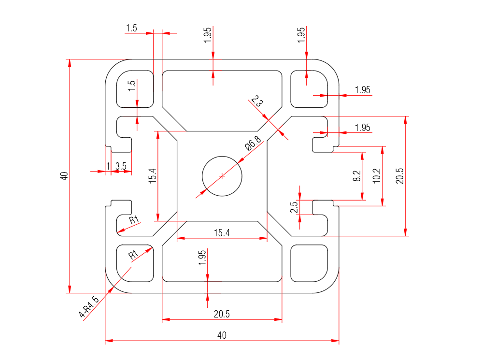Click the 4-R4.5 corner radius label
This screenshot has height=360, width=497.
[89, 307]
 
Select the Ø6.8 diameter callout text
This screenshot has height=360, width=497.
[253, 144]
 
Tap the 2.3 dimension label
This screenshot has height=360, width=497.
[257, 102]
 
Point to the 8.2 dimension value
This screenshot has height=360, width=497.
[357, 176]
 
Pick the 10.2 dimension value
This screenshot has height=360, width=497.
[377, 175]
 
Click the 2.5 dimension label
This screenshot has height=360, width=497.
[294, 207]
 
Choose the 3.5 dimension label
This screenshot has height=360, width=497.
[121, 166]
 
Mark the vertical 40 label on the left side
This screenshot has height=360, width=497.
[64, 176]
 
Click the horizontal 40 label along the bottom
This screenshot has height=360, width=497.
[222, 335]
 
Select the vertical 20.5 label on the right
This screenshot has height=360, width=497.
[399, 176]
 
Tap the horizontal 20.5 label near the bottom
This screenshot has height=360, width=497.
[222, 314]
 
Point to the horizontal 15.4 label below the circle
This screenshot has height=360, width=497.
[222, 233]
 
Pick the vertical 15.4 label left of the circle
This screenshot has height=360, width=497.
[152, 176]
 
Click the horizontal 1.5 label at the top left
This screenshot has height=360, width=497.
[131, 28]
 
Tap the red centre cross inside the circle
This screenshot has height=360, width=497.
[222, 176]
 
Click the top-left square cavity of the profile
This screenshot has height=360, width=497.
[135, 89]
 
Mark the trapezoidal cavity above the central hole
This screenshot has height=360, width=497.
[222, 99]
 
